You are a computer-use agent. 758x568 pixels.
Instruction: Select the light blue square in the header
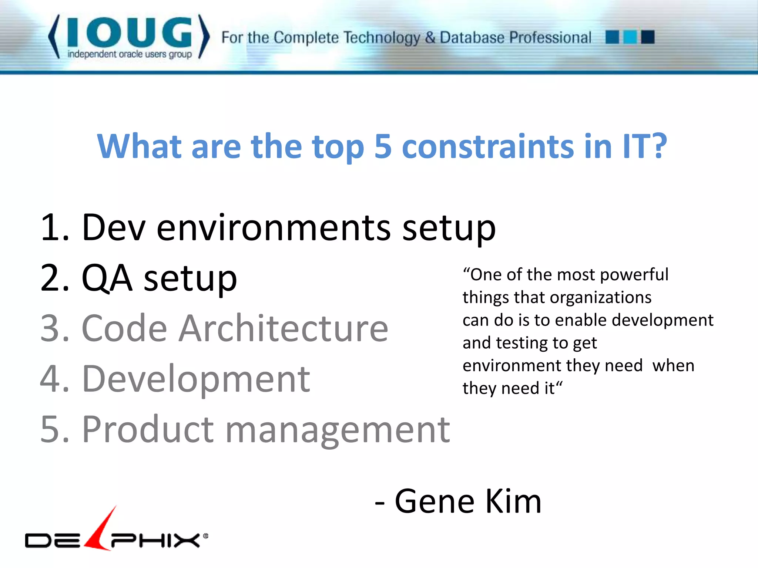(x=630, y=37)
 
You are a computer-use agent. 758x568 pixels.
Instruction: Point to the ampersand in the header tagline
(x=430, y=38)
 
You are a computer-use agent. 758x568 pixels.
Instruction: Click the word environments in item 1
(x=274, y=228)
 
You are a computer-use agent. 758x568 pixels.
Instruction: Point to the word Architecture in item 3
(x=283, y=328)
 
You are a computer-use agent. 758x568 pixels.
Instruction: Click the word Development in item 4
(x=196, y=379)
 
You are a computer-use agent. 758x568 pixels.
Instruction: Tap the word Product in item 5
(x=148, y=429)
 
